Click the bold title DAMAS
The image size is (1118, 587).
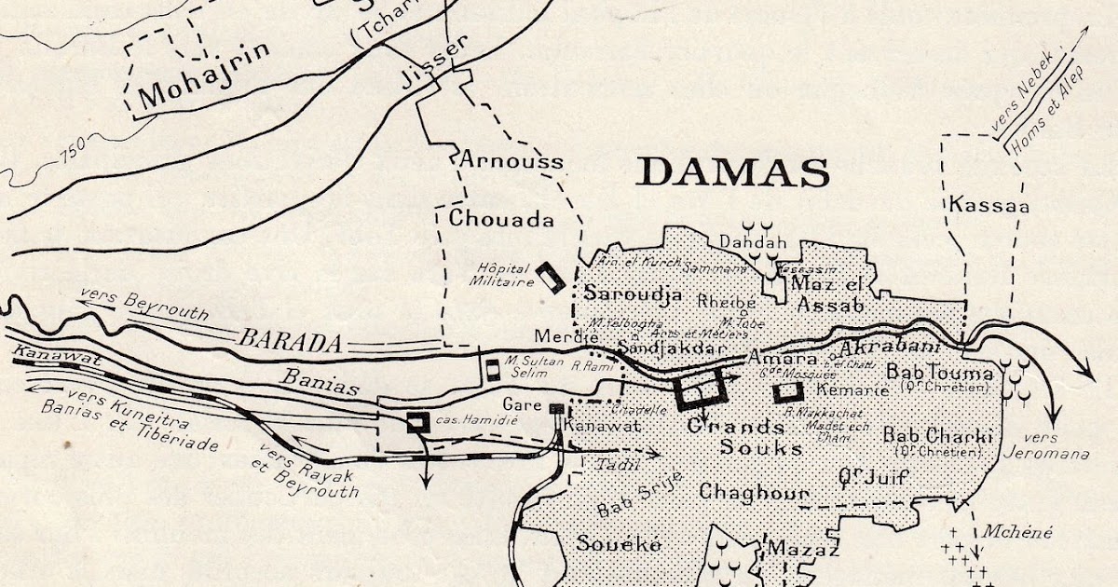pyautogui.click(x=734, y=172)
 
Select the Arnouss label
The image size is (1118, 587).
pyautogui.click(x=511, y=161)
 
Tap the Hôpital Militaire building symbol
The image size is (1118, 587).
pyautogui.click(x=550, y=277)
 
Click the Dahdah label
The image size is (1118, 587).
pyautogui.click(x=755, y=243)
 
